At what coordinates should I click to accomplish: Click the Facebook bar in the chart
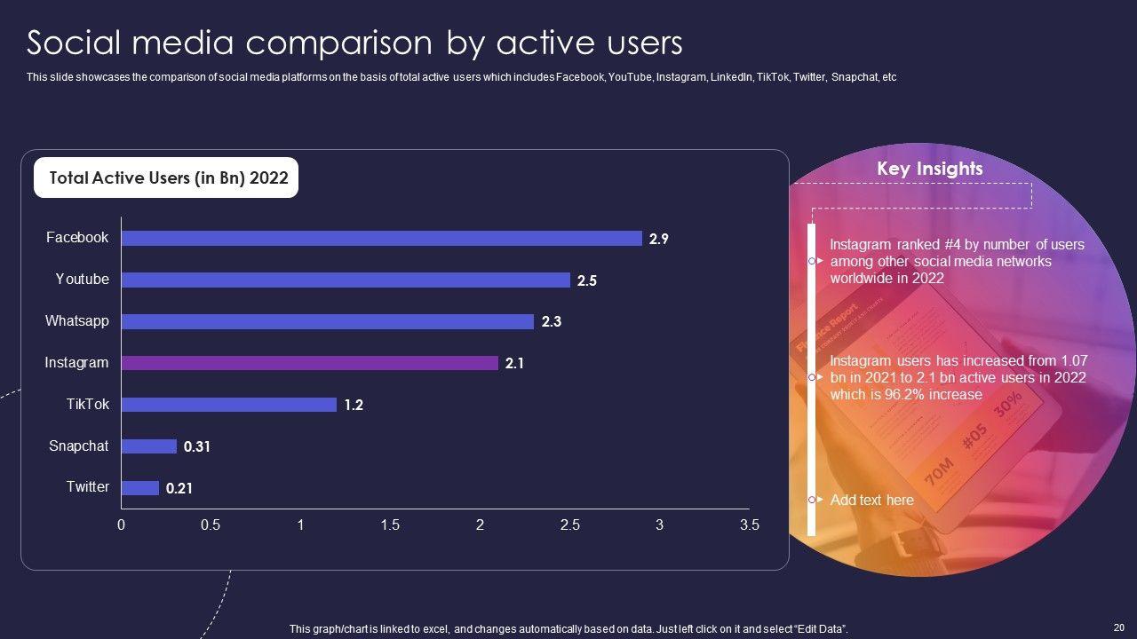tap(381, 238)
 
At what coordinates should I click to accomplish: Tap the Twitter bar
tap(139, 488)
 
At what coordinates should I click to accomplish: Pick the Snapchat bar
tap(148, 446)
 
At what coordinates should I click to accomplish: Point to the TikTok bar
tap(228, 405)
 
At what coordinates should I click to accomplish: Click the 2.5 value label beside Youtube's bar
tap(586, 280)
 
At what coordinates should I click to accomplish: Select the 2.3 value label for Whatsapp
tap(551, 322)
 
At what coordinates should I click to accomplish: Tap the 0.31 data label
tap(196, 446)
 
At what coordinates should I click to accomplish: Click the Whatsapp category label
tap(77, 320)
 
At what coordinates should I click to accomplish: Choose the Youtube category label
tap(82, 279)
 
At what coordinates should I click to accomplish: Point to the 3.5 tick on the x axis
tap(749, 525)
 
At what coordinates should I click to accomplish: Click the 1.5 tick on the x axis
tap(390, 525)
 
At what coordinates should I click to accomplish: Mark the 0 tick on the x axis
tap(122, 525)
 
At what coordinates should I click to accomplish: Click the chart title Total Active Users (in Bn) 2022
tap(169, 177)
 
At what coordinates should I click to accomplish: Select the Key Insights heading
tap(929, 169)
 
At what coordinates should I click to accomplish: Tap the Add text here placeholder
tap(871, 500)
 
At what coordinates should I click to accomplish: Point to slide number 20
tap(1117, 627)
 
